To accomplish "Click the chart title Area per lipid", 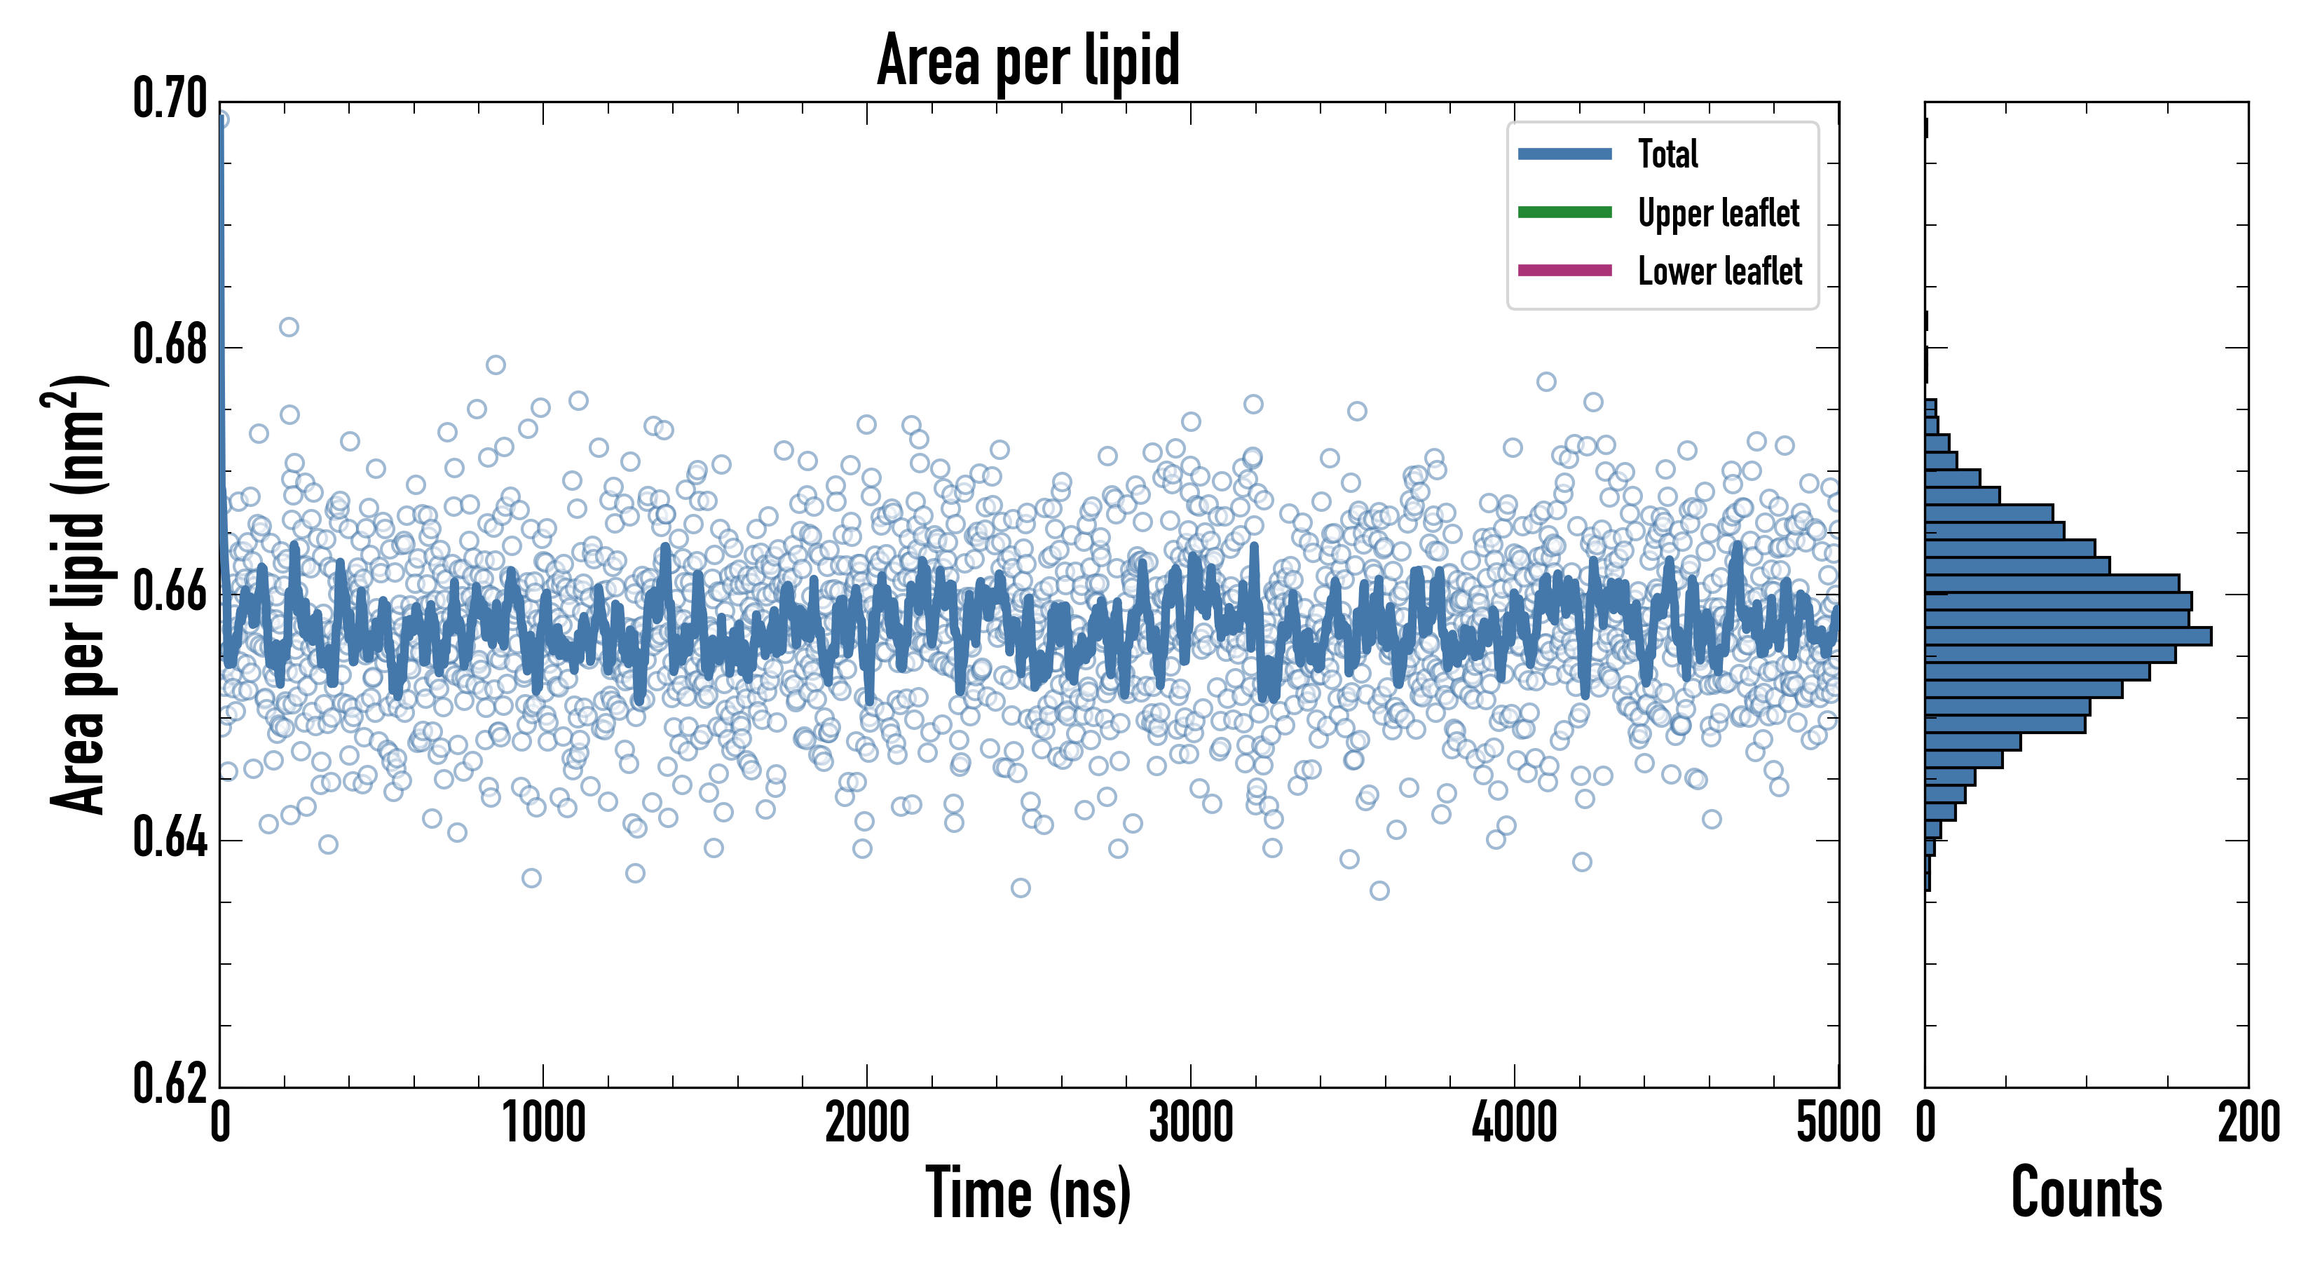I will coord(1028,60).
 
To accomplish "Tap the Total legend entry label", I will coord(1667,154).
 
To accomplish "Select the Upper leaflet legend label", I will coord(1719,213).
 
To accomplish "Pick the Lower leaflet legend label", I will coord(1719,271).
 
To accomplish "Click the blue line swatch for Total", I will coord(1564,154).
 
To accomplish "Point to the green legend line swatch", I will coord(1564,212).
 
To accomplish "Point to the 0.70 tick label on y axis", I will coord(170,99).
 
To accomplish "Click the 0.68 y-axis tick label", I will coord(170,345).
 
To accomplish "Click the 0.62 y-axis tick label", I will coord(170,1084).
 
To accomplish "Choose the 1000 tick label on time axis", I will coord(543,1122).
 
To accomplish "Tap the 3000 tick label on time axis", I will coord(1191,1122).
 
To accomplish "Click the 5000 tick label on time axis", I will coord(1838,1122).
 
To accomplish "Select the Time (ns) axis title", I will coord(1028,1193).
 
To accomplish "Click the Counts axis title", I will coord(2087,1193).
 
